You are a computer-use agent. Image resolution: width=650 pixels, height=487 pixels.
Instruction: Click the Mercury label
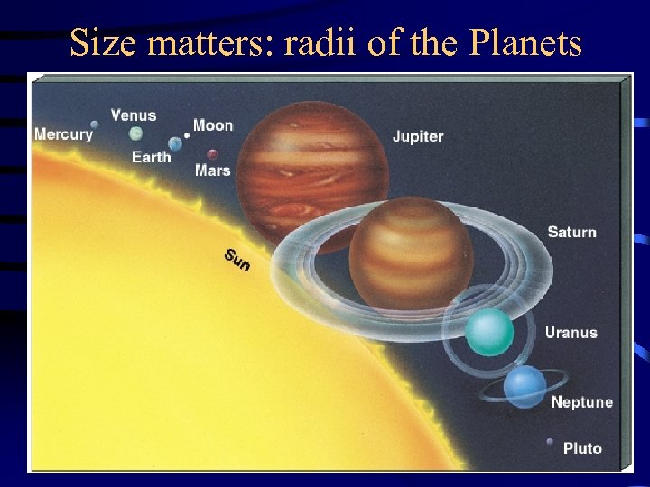point(63,134)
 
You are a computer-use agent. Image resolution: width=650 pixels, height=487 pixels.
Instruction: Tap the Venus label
point(134,115)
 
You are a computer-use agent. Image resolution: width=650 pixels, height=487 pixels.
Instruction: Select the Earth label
point(151,157)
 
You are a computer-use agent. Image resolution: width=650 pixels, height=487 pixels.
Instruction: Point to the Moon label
point(213,125)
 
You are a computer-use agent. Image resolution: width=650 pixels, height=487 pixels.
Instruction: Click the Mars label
point(212,170)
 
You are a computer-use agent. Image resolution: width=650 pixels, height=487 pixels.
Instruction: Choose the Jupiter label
point(418,137)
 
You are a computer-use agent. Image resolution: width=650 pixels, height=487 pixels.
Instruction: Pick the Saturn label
point(571,232)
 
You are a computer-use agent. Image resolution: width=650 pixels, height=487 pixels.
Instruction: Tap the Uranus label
point(571,333)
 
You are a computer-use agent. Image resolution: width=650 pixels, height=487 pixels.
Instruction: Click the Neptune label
point(581,402)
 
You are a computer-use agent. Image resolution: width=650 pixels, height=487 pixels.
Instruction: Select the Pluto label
point(582,448)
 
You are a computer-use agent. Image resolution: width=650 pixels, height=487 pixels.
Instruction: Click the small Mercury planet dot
point(95,124)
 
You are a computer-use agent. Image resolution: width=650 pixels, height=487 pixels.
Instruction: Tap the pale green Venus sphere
point(135,133)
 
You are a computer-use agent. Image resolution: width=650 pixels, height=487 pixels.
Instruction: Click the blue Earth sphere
point(175,143)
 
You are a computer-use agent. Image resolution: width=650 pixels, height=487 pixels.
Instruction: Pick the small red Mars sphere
point(212,153)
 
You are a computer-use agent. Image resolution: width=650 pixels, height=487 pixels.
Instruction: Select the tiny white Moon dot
point(187,135)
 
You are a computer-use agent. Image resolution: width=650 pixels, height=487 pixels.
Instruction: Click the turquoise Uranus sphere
point(490,332)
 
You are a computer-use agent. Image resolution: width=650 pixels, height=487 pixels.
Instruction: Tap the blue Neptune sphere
point(525,387)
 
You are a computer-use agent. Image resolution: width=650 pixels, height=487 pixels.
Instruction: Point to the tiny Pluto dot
point(550,442)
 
